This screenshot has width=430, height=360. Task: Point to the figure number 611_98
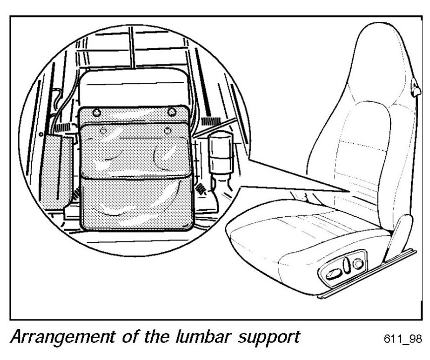[403, 339]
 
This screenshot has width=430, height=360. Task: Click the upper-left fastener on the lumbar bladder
[96, 111]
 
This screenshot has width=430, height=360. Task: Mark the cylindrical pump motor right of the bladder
[219, 149]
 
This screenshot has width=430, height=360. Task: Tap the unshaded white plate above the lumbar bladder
[134, 87]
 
